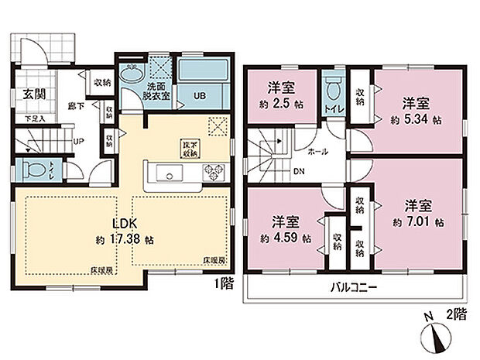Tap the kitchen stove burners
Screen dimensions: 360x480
click(212, 172)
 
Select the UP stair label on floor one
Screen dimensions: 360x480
click(78, 142)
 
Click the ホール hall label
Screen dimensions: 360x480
click(316, 153)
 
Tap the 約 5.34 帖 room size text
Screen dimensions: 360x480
click(417, 121)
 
